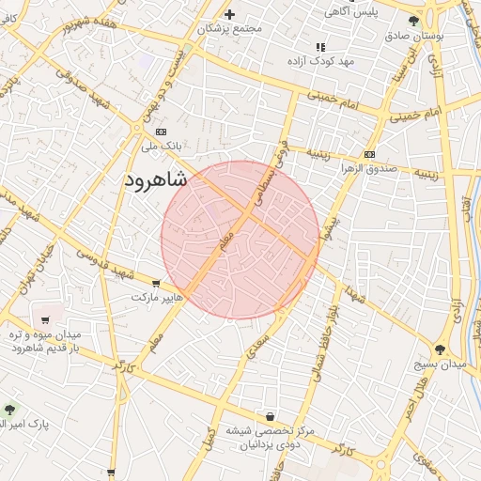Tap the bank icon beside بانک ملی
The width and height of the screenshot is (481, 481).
coord(161,132)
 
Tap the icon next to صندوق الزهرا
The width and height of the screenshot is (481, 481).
coord(369,154)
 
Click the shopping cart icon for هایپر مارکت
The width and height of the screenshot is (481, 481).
coord(156,284)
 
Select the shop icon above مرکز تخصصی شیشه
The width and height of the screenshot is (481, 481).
coord(271,416)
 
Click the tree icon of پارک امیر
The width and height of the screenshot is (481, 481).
coord(10,410)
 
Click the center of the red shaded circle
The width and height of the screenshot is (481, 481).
coord(240,240)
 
